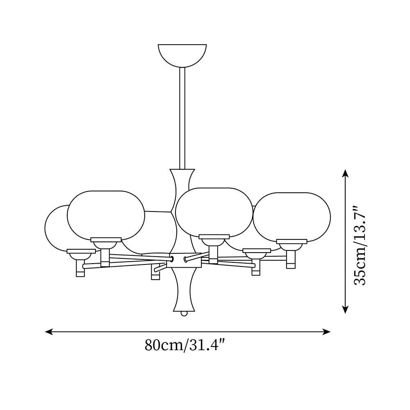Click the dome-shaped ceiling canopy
tap(182, 55)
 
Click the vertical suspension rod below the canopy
tap(182, 118)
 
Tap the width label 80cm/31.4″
tap(185, 345)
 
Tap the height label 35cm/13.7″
tap(360, 246)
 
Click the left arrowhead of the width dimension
tap(49, 332)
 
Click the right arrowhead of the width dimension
tap(326, 332)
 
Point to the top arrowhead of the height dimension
tap(345, 173)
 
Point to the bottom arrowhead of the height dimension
tap(345, 309)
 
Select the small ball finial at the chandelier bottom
tap(184, 314)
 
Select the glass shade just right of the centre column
tap(214, 212)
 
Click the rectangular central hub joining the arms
tap(184, 260)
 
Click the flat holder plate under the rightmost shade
tap(292, 241)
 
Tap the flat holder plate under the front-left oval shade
tap(106, 239)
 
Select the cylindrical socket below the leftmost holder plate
tap(80, 268)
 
